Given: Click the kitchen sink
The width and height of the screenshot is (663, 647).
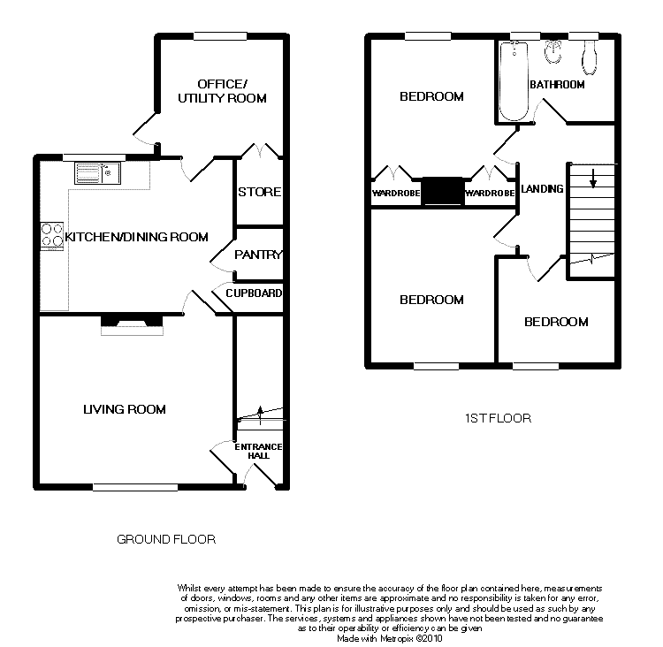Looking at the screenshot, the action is pos(97,173).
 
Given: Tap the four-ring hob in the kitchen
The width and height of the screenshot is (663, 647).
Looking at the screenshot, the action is pos(52,236).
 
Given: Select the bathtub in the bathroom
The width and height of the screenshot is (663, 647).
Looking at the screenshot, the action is pos(514,81).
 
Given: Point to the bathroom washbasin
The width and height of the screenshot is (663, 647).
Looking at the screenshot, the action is pos(553,51).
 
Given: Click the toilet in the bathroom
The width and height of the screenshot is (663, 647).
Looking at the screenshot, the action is pos(589,58).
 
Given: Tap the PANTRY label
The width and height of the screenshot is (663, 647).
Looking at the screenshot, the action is pos(258,255).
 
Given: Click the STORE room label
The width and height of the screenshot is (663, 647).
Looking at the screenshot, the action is pos(259,192).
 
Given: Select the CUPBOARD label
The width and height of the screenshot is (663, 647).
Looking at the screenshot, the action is pos(254,293).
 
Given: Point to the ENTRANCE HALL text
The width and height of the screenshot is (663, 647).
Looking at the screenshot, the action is pos(258,451).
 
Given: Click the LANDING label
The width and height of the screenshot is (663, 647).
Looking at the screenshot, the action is pos(542,188).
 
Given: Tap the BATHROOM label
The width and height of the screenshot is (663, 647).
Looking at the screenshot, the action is pos(557,85).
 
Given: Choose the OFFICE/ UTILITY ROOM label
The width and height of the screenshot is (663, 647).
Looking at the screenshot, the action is pos(222,91).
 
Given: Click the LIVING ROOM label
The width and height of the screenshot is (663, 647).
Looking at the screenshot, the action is pos(125,409).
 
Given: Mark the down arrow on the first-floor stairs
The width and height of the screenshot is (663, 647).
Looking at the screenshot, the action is pos(593,178).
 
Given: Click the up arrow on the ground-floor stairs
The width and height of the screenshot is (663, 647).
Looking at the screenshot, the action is pos(260,415).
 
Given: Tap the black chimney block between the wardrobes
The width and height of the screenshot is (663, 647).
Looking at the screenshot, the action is pos(442,191).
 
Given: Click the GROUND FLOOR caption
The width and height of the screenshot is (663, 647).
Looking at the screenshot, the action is pos(166,539).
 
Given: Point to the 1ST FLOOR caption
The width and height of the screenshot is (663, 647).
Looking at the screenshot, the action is pos(498,418).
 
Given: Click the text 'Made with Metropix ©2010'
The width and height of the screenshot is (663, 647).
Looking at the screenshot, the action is pos(390,638).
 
